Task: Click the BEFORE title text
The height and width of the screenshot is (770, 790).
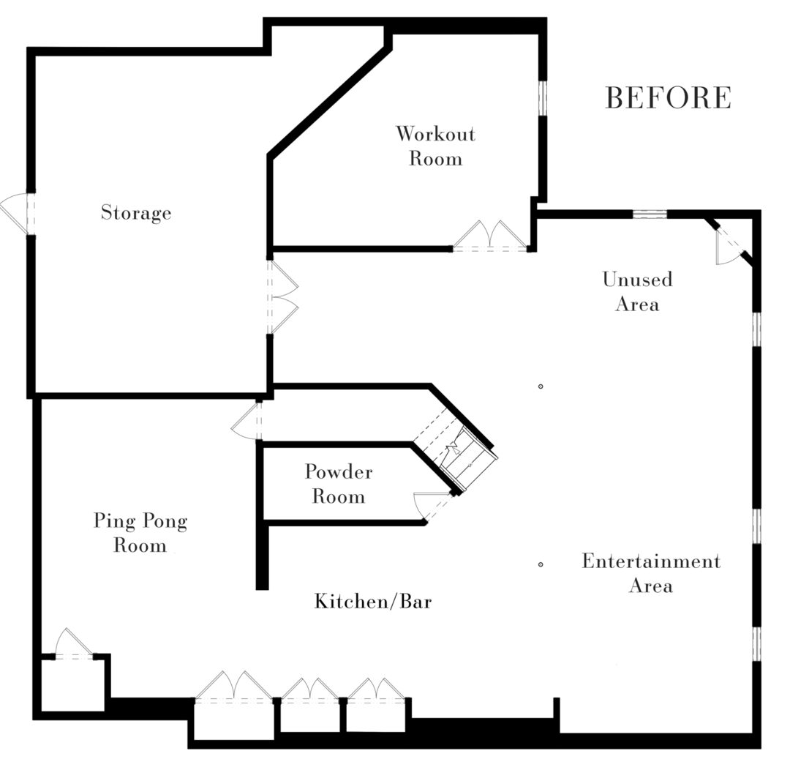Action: tap(668, 98)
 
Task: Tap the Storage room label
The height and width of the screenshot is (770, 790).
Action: tap(136, 213)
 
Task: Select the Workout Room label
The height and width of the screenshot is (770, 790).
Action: tap(435, 146)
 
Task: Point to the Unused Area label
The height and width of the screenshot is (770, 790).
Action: tap(637, 291)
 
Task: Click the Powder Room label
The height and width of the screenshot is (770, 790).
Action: tap(338, 484)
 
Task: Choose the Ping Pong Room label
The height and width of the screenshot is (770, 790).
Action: tap(140, 533)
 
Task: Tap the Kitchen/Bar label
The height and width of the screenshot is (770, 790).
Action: tap(373, 602)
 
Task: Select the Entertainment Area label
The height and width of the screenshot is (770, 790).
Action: tap(650, 573)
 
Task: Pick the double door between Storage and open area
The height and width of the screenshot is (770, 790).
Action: tap(283, 296)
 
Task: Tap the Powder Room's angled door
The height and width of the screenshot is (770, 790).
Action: tap(432, 506)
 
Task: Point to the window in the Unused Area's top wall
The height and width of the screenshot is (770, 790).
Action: tap(650, 214)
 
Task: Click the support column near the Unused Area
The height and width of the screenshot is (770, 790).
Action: tap(540, 386)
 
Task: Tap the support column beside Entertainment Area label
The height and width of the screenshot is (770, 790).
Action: tap(540, 564)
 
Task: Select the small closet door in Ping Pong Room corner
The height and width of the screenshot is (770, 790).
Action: tap(73, 646)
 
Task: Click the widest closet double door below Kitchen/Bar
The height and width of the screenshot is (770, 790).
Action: tap(233, 689)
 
